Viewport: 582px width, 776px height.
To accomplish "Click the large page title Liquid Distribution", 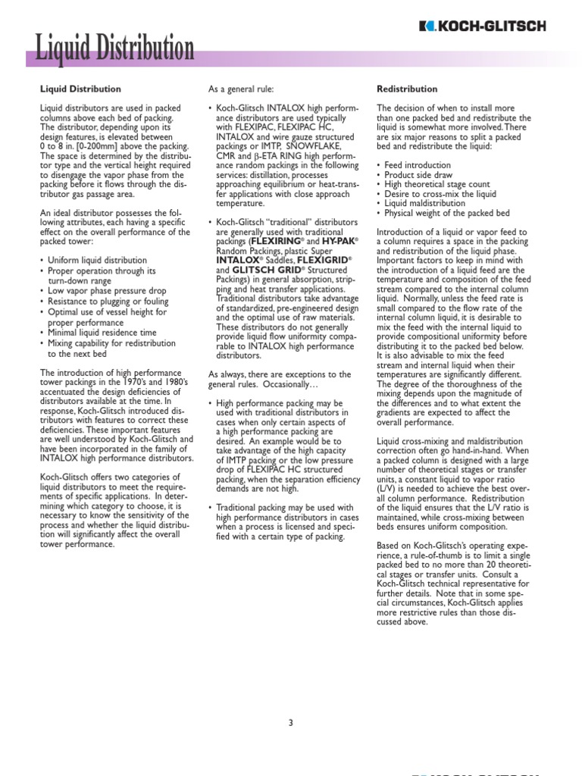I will click(111, 50).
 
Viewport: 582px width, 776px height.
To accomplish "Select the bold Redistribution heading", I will click(407, 89).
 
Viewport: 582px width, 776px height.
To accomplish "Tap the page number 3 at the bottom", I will click(290, 722).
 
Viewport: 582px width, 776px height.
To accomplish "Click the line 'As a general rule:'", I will click(242, 89).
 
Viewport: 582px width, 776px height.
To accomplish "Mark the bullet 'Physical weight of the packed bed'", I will click(447, 214).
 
